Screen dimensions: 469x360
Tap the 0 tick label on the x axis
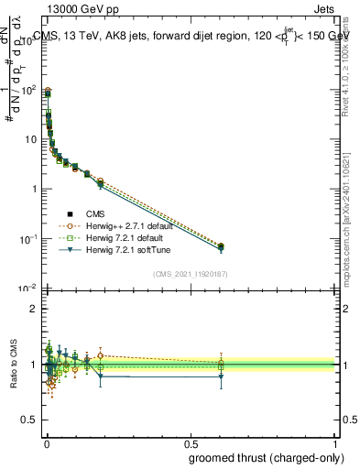click(x=45, y=442)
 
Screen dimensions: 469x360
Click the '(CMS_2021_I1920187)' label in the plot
click(x=190, y=273)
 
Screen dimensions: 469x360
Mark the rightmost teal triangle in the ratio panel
click(x=221, y=376)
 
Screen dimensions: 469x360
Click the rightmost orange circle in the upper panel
click(x=221, y=245)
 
